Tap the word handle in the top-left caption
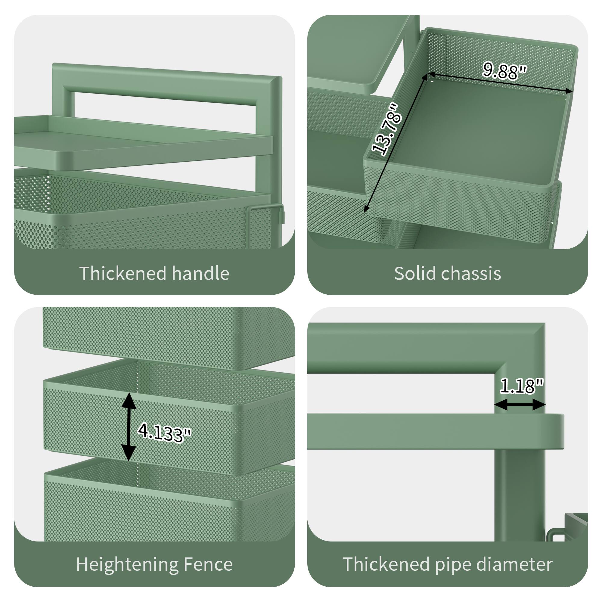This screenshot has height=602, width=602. (x=200, y=274)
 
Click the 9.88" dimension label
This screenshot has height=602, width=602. (x=504, y=71)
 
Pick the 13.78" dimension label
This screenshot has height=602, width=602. (x=386, y=130)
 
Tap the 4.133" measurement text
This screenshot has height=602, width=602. (x=164, y=432)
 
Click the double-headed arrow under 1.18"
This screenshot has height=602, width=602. (x=520, y=405)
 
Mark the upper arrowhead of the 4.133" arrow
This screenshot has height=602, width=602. (x=129, y=401)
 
